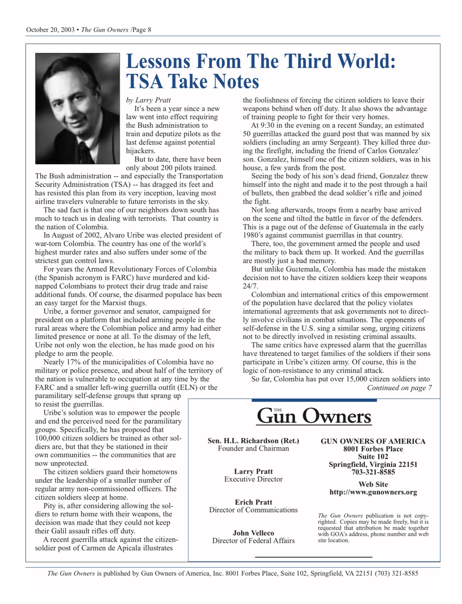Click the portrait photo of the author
tap(77, 108)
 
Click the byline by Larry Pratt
tap(148, 100)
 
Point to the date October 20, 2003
tap(50, 30)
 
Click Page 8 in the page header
tap(142, 30)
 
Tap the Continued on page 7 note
tap(399, 388)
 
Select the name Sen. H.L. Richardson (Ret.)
tap(253, 441)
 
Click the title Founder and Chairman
tap(253, 448)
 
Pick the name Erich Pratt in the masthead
tap(253, 502)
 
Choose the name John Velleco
tap(253, 533)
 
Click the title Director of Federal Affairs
tap(253, 540)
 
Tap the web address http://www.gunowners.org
tap(373, 492)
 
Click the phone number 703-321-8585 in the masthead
tap(373, 472)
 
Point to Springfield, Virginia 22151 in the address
tap(373, 464)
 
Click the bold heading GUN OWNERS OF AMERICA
tap(373, 441)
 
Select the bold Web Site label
tap(373, 484)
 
